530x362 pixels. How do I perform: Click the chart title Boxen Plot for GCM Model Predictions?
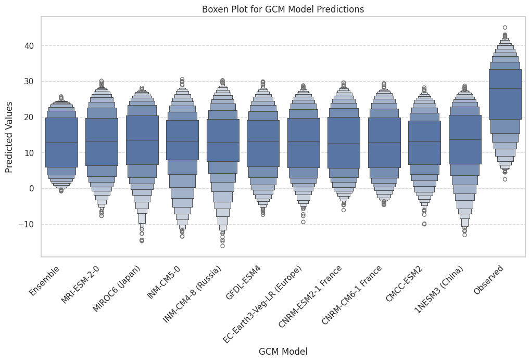point(283,9)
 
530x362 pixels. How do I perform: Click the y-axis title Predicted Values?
point(9,137)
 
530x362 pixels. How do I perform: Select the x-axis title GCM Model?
point(283,352)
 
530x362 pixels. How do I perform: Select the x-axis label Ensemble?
point(45,281)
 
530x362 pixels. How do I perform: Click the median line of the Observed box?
point(505,89)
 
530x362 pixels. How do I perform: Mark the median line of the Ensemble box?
point(61,142)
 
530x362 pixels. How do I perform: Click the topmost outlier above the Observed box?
point(505,28)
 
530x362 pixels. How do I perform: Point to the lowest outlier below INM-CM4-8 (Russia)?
point(222,245)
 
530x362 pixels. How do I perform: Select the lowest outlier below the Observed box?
point(505,179)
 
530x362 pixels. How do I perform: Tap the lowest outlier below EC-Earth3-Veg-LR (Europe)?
point(303,222)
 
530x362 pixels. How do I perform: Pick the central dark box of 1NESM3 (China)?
point(464,139)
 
